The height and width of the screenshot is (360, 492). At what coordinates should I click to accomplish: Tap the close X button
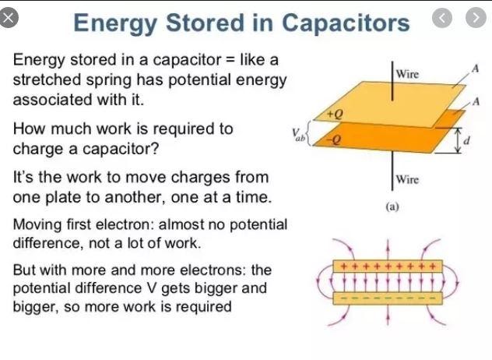click(9, 19)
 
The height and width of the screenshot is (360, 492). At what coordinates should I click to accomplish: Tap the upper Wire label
click(408, 74)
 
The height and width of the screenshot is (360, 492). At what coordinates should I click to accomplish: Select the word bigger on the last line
click(37, 306)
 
